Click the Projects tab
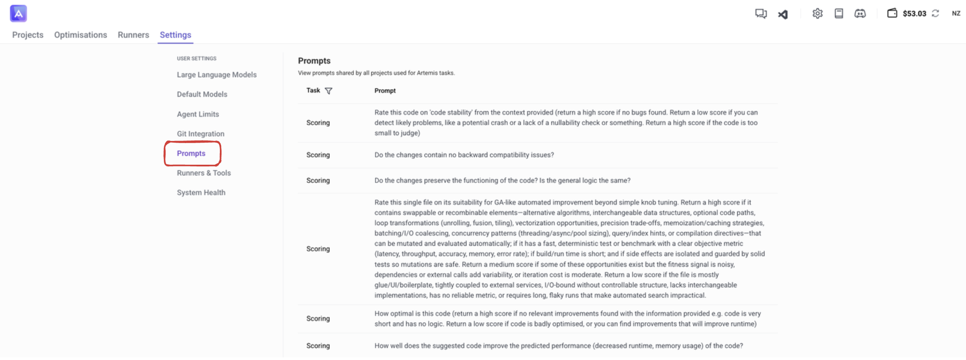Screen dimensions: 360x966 click(x=28, y=35)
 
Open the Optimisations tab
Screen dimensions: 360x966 click(x=80, y=35)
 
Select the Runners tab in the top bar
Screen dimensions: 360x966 click(x=133, y=35)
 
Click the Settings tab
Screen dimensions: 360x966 click(x=175, y=35)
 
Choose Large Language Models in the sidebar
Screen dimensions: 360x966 click(x=216, y=75)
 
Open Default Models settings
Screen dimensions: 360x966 click(x=202, y=94)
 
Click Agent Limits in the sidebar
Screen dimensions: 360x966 click(x=198, y=114)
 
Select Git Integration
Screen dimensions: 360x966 click(x=200, y=134)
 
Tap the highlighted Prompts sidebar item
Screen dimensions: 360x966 click(x=191, y=153)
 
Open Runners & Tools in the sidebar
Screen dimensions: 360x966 click(x=204, y=173)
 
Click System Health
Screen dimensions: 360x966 click(x=201, y=192)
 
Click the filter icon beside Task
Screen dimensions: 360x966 click(x=329, y=91)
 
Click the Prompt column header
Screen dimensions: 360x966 click(x=385, y=91)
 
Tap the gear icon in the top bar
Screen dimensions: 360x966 click(x=817, y=14)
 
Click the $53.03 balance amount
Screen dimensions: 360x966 click(x=914, y=14)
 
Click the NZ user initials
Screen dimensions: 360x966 click(x=956, y=14)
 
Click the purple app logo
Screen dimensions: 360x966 click(x=18, y=14)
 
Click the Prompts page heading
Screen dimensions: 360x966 click(x=314, y=61)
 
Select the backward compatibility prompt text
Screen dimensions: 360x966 click(x=464, y=155)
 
